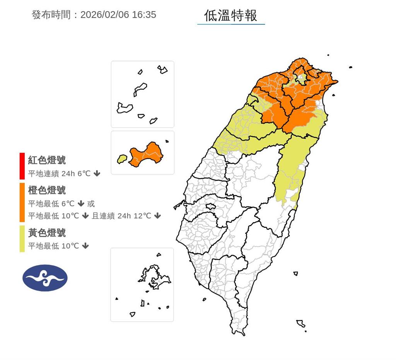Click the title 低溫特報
click(230, 15)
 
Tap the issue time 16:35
click(143, 15)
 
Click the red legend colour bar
click(22, 166)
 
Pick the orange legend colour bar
click(22, 202)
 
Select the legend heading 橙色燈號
click(47, 190)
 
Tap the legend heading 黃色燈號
click(47, 233)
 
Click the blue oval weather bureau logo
click(45, 278)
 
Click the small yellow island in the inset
click(122, 159)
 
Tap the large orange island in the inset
click(146, 155)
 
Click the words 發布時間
click(51, 15)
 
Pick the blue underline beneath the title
click(231, 24)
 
